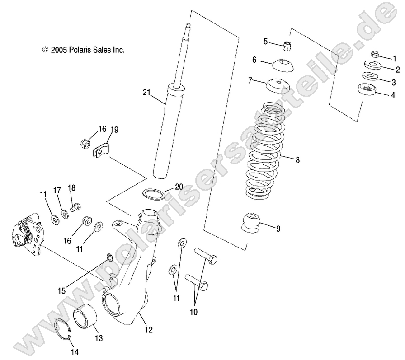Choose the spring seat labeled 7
[276, 86]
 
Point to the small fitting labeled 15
[108, 257]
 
